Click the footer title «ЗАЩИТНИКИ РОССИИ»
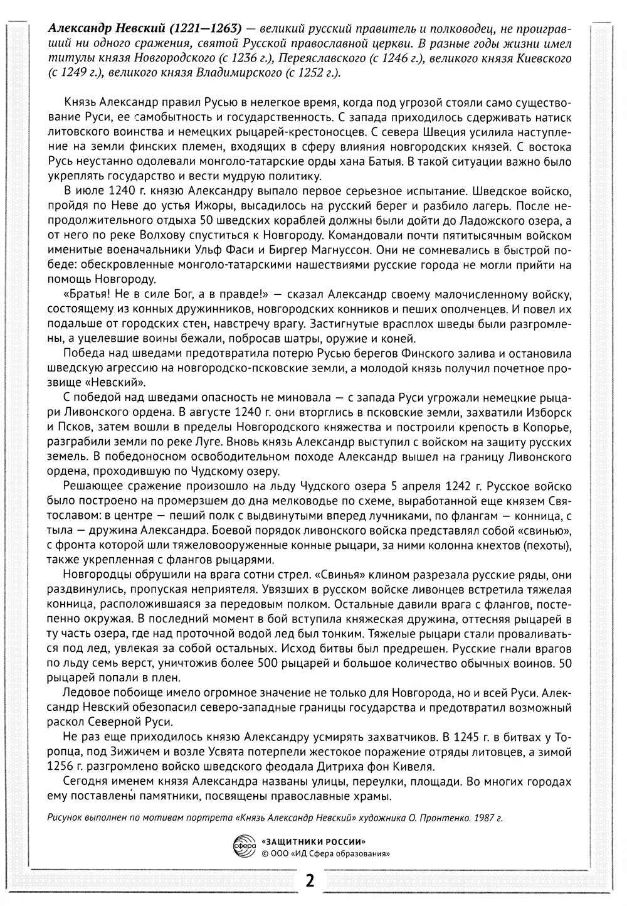pyautogui.click(x=313, y=842)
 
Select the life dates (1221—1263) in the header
pyautogui.click(x=204, y=28)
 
